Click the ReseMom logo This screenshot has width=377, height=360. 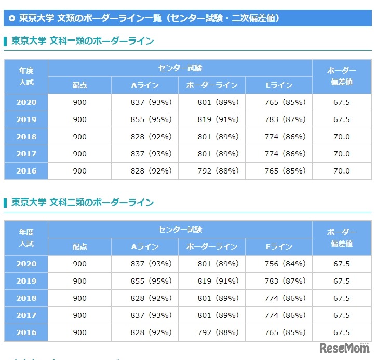click(x=343, y=347)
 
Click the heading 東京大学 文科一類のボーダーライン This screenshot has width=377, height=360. click(x=83, y=41)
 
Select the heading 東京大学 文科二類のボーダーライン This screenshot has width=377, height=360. click(x=83, y=202)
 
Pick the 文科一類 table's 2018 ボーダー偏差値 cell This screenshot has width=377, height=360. click(x=341, y=137)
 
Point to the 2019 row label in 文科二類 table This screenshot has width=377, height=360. click(x=26, y=281)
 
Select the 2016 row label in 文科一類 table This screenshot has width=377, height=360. click(x=26, y=171)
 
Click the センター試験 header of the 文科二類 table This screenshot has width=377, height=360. click(x=180, y=229)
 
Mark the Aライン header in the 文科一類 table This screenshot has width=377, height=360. click(x=145, y=86)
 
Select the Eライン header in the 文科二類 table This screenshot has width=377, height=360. click(x=279, y=247)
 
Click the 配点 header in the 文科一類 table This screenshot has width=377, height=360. click(x=79, y=86)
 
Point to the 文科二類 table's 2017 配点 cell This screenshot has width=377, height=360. click(x=79, y=315)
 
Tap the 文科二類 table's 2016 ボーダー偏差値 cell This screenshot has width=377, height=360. click(x=341, y=332)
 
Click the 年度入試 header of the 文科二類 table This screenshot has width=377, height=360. click(x=26, y=237)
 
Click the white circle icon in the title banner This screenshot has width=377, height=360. click(x=12, y=18)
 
